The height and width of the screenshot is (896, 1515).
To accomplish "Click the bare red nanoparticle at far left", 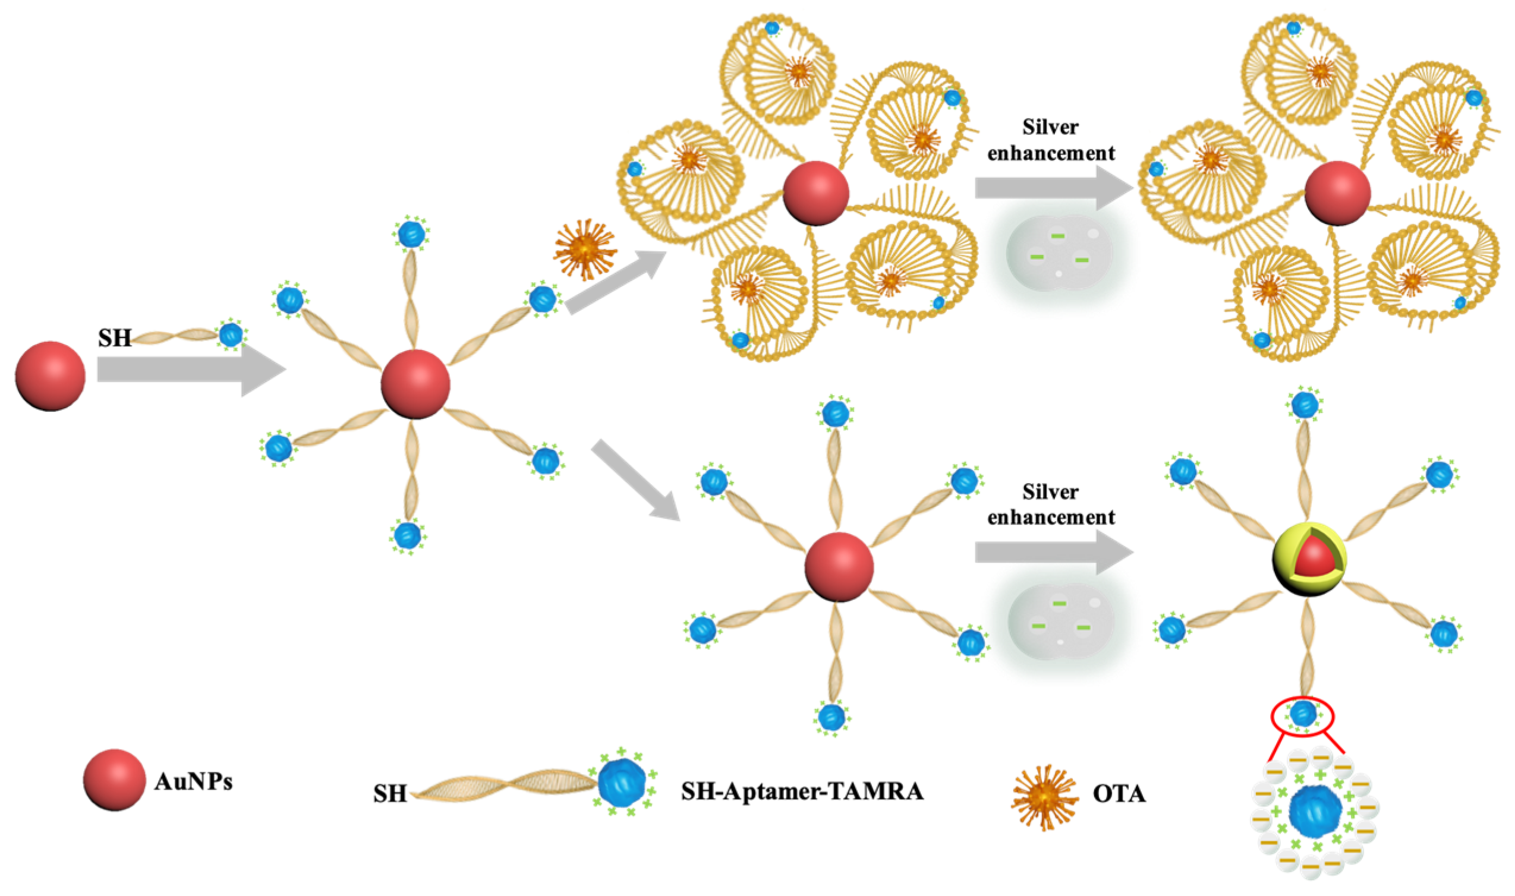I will [50, 376].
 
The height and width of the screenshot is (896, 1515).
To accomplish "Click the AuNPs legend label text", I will [193, 782].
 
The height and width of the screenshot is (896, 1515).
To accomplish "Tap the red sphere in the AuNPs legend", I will [114, 780].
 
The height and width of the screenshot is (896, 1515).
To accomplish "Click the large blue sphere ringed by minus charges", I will [1315, 812].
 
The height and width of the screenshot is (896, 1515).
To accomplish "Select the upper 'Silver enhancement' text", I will [1051, 140].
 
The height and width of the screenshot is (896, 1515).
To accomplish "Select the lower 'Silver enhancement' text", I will [1051, 505].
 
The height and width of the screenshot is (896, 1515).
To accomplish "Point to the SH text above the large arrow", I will [115, 338].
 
